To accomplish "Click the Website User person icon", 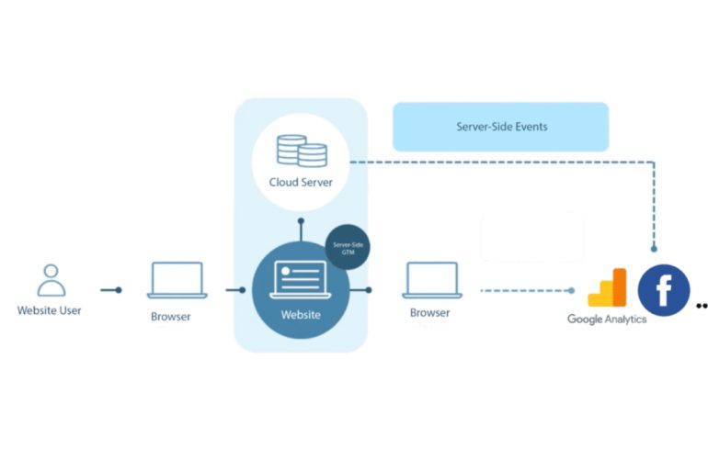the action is (x=51, y=280).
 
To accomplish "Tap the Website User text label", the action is (x=50, y=310).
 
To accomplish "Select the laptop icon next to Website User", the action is (x=177, y=280).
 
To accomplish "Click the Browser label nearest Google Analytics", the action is (x=430, y=313).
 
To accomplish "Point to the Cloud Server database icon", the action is (x=302, y=151).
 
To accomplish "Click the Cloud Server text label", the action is (x=301, y=182).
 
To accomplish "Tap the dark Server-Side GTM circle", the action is (x=348, y=247).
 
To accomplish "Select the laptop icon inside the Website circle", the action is (x=301, y=279).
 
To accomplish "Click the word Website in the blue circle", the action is (x=301, y=315).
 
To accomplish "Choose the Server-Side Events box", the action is (x=501, y=127).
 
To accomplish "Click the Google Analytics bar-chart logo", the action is (x=607, y=287).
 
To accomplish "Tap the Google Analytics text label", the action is (x=607, y=320).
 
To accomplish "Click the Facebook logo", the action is (x=664, y=290).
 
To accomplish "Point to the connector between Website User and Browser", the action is (x=111, y=290).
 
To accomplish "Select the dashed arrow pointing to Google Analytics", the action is (x=528, y=291).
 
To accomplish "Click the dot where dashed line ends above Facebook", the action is (x=654, y=248).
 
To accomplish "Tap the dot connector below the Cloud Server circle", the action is (x=302, y=221).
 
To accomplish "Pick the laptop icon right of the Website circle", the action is (x=432, y=280).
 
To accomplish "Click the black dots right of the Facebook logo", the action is (x=702, y=306).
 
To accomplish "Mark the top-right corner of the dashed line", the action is (x=654, y=163).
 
